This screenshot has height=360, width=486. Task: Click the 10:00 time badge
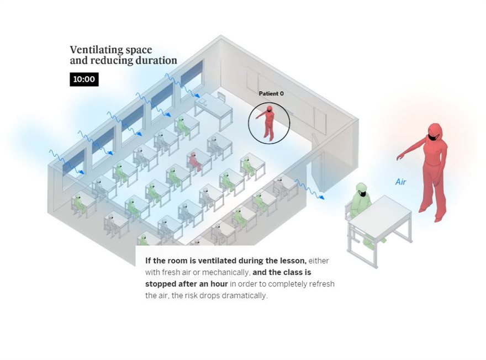[84, 80]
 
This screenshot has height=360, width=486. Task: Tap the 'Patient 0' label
[271, 94]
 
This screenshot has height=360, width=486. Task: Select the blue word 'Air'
[401, 182]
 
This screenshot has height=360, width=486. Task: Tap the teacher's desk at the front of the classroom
[214, 106]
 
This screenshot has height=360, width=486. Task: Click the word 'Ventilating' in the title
[94, 50]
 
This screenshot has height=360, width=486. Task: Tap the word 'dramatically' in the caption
[242, 295]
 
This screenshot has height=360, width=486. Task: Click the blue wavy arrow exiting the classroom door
[309, 189]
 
